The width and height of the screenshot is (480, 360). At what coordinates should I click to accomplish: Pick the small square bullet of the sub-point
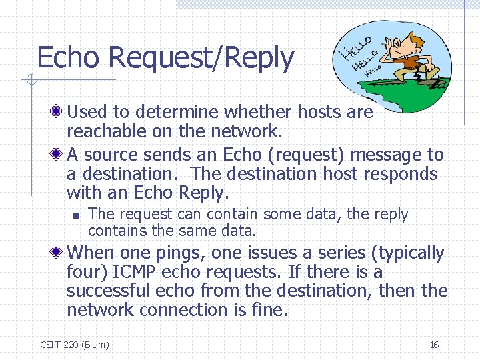click(x=76, y=215)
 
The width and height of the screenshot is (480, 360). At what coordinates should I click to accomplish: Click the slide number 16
click(x=434, y=345)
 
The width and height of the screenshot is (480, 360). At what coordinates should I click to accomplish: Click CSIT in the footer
click(x=50, y=345)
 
